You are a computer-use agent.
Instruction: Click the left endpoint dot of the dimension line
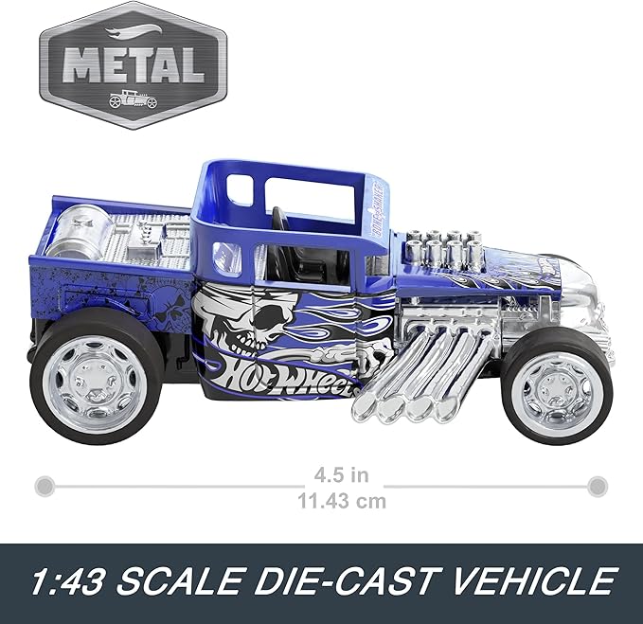(x=44, y=487)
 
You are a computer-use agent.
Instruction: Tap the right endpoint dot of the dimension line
(x=597, y=487)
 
